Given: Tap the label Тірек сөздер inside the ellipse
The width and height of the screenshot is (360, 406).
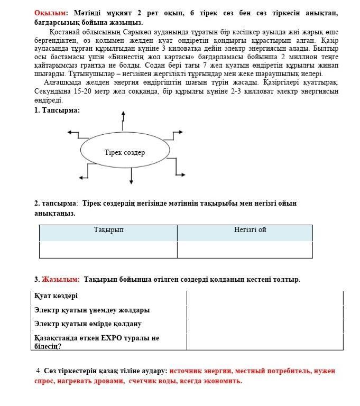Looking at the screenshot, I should pyautogui.click(x=124, y=153).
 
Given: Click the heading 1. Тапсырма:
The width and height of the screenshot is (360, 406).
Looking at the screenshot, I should pyautogui.click(x=57, y=110).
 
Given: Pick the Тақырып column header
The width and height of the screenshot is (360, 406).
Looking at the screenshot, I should pyautogui.click(x=108, y=230).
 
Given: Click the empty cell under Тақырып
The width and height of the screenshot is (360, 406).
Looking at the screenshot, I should pyautogui.click(x=108, y=249).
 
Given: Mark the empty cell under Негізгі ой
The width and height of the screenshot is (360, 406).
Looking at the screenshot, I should pyautogui.click(x=244, y=249).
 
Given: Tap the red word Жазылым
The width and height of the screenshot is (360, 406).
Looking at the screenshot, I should pyautogui.click(x=60, y=279).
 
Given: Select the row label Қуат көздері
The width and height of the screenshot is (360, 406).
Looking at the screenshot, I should pyautogui.click(x=56, y=296).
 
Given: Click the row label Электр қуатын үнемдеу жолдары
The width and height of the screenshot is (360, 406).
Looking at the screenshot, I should pyautogui.click(x=91, y=310).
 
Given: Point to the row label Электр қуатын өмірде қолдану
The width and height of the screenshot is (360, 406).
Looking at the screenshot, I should pyautogui.click(x=87, y=324).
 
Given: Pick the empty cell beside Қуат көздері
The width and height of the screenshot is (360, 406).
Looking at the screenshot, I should pyautogui.click(x=264, y=297).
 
